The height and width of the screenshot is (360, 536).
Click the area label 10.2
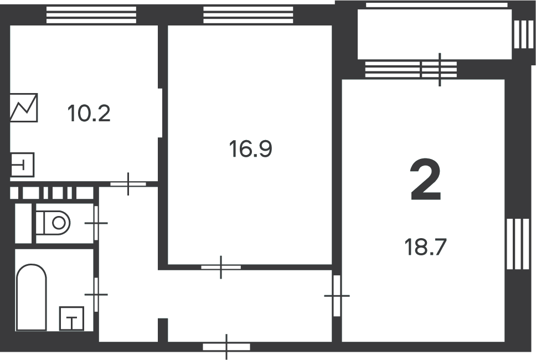pyautogui.click(x=89, y=114)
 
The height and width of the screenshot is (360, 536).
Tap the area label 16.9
pyautogui.click(x=251, y=149)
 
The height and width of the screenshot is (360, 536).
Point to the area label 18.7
pyautogui.click(x=426, y=247)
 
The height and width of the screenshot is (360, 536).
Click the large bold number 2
pyautogui.click(x=426, y=180)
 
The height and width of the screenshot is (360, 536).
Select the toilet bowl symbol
pyautogui.click(x=53, y=223)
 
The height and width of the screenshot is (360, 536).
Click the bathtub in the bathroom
pyautogui.click(x=32, y=297)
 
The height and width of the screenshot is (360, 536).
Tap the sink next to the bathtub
pyautogui.click(x=71, y=318)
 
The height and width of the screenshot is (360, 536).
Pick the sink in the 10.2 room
pyautogui.click(x=23, y=164)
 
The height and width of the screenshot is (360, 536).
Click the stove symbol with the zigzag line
pyautogui.click(x=24, y=107)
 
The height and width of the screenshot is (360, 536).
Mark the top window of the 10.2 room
pyautogui.click(x=91, y=15)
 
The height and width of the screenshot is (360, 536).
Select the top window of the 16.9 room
pyautogui.click(x=248, y=15)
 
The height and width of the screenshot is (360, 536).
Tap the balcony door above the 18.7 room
pyautogui.click(x=439, y=69)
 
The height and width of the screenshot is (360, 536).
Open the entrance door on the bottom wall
pyautogui.click(x=226, y=347)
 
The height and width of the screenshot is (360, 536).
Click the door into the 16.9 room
pyautogui.click(x=221, y=267)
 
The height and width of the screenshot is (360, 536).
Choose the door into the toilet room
pyautogui.click(x=96, y=223)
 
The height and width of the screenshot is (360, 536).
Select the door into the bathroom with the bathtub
pyautogui.click(x=96, y=294)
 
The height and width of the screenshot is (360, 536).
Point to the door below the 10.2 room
pyautogui.click(x=128, y=184)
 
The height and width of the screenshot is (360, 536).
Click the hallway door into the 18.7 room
pyautogui.click(x=337, y=296)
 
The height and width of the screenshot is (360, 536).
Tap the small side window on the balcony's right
pyautogui.click(x=523, y=34)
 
